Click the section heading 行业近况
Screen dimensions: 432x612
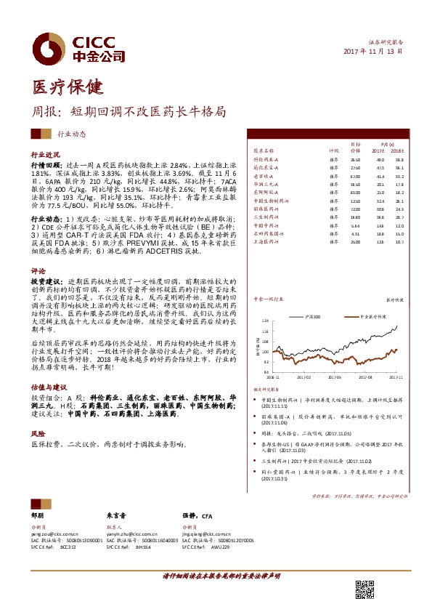[44, 156]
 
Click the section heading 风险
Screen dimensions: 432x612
[38, 432]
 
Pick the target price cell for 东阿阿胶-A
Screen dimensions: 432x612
[355, 191]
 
